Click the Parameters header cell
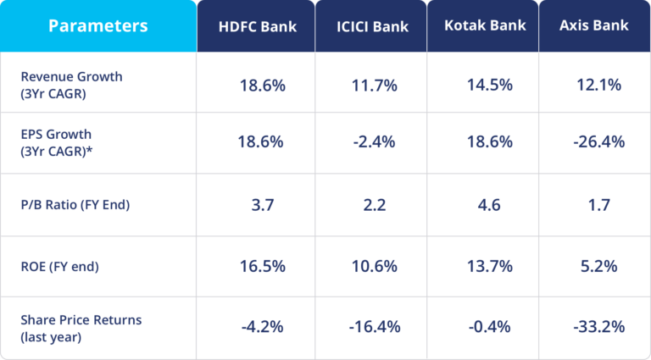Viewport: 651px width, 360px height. click(x=97, y=25)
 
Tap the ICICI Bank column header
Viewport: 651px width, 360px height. click(x=372, y=26)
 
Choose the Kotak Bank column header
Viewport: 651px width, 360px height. click(x=484, y=25)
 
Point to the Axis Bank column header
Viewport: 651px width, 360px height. click(x=594, y=25)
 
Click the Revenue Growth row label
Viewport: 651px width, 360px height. click(x=71, y=84)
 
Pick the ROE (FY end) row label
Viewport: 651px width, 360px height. click(x=59, y=266)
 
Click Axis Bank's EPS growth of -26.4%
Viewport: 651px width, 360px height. click(x=594, y=141)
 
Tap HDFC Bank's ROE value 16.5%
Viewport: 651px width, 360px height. click(x=261, y=266)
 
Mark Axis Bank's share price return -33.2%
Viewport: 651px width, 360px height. click(x=594, y=328)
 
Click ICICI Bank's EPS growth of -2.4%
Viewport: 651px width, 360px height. click(x=372, y=141)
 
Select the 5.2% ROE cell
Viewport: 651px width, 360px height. click(x=594, y=266)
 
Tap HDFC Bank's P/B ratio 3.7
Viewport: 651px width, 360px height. click(x=260, y=204)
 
